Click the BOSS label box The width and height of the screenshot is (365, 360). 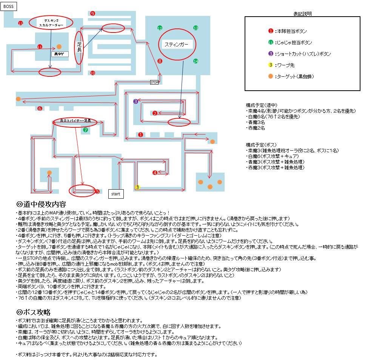8,6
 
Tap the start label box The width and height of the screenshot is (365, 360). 116,194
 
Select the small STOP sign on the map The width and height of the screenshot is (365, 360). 154,82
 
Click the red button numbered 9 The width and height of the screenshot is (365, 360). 92,14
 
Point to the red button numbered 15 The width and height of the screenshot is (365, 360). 21,23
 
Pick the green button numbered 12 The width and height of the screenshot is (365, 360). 160,28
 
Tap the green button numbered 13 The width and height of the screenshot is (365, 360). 196,28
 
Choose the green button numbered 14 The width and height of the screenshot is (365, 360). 196,61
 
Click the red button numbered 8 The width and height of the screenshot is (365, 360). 160,61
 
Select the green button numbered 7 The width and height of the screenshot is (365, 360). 86,130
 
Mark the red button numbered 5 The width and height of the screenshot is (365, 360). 97,192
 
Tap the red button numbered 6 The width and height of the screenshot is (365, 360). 40,109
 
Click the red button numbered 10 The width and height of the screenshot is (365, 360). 92,73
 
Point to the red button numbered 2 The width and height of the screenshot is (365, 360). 155,113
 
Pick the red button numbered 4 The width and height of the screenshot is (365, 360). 155,173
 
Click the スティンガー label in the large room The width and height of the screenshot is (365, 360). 176,45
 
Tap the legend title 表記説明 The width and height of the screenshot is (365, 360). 303,14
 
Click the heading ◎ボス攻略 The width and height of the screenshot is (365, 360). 34,312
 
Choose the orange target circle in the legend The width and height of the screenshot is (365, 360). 271,76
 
